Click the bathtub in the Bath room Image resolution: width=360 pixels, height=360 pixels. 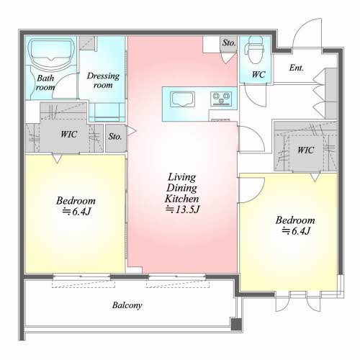(x=51, y=54)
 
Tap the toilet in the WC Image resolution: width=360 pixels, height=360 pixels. (x=254, y=50)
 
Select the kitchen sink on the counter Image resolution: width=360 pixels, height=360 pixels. (x=182, y=99)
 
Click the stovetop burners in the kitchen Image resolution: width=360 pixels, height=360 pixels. (x=221, y=99)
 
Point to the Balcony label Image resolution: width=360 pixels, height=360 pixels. (x=127, y=305)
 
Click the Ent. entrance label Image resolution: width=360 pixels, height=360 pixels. (x=297, y=68)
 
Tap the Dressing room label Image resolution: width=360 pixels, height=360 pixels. (x=103, y=81)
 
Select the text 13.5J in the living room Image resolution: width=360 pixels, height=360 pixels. (x=187, y=210)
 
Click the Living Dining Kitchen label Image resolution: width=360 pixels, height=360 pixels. (x=182, y=188)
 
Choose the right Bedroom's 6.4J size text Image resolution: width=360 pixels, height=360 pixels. (x=301, y=231)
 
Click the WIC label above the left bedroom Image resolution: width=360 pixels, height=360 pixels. (x=69, y=134)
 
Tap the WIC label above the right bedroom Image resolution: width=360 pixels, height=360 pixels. (x=305, y=150)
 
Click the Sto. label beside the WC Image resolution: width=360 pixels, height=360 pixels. (x=229, y=43)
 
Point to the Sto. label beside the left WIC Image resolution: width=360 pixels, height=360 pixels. (x=115, y=137)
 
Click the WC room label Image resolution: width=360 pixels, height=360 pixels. (x=258, y=74)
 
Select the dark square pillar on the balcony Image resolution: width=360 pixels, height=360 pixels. (x=236, y=325)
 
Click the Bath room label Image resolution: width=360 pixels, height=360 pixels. (x=45, y=83)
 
